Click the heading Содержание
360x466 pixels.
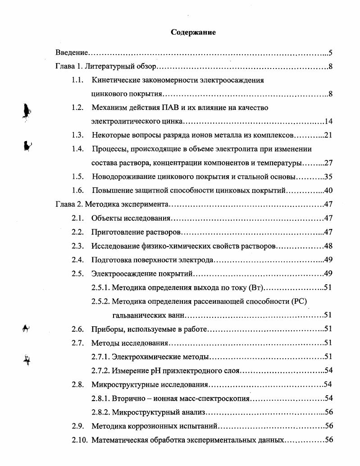point(193,32)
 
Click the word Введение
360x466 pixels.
point(71,53)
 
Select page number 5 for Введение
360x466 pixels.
point(330,53)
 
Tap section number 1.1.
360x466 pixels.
point(78,81)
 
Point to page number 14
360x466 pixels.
point(328,122)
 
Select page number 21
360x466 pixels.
point(328,135)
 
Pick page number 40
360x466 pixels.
point(328,191)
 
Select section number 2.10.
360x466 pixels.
point(79,440)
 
